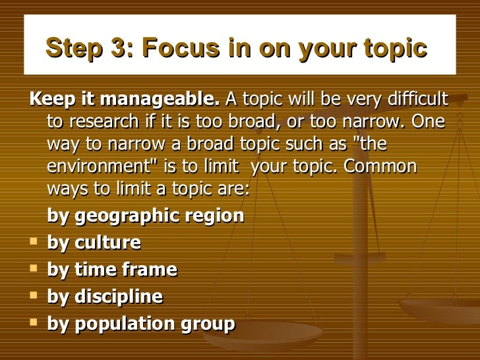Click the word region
pyautogui.click(x=218, y=216)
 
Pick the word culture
pyautogui.click(x=107, y=243)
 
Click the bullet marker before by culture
pyautogui.click(x=33, y=242)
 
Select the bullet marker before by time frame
pyautogui.click(x=33, y=269)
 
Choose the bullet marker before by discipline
pyautogui.click(x=33, y=296)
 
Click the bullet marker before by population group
pyautogui.click(x=33, y=323)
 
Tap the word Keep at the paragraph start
pyautogui.click(x=47, y=100)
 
